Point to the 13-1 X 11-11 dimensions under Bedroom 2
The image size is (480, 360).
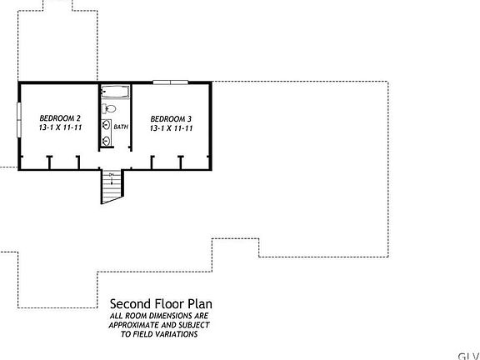[59, 128]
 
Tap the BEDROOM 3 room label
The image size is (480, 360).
[172, 117]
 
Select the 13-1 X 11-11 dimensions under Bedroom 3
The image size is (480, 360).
[172, 128]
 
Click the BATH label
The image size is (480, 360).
[121, 127]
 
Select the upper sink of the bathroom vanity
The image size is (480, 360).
[106, 126]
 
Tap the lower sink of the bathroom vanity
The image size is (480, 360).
[106, 139]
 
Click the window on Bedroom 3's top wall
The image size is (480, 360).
[165, 82]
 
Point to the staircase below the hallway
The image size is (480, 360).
[112, 186]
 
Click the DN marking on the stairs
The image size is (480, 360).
[112, 174]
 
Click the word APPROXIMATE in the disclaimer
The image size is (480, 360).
[134, 325]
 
